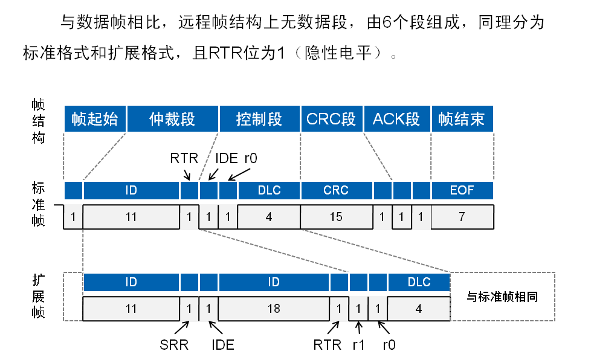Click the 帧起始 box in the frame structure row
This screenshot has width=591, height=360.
pos(94,118)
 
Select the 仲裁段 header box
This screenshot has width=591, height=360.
pos(172,118)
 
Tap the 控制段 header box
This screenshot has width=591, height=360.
pos(259,118)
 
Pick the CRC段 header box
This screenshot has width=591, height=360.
pos(331,118)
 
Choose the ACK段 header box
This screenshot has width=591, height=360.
pos(396,118)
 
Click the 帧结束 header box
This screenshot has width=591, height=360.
pos(462,118)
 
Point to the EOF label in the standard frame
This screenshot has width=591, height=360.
pos(462,190)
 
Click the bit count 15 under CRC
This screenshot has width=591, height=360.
pos(335,217)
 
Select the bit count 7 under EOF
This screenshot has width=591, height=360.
pos(462,217)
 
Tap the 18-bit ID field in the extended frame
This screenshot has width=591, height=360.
pos(274,309)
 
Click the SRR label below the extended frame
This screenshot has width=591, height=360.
pos(174,346)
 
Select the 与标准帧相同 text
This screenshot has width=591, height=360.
pos(502,297)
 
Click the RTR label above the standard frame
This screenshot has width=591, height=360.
pos(184,159)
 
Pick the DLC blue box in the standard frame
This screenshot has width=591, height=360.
pos(269,190)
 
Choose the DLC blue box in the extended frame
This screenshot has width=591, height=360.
pos(419,282)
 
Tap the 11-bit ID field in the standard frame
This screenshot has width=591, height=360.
pos(131,217)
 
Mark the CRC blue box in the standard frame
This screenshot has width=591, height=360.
pos(335,190)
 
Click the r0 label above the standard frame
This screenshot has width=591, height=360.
pos(251,159)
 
